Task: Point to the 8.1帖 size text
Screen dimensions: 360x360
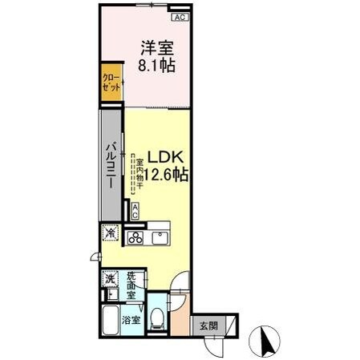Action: (155, 65)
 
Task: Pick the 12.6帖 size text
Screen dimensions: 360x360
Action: (167, 174)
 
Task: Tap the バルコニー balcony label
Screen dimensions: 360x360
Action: (111, 164)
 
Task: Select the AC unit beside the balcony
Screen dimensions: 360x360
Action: (135, 210)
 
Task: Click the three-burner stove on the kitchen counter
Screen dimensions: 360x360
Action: (136, 237)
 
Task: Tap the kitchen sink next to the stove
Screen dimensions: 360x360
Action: (158, 237)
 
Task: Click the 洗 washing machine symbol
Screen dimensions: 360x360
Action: (109, 280)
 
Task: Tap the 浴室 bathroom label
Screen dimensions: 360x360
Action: (130, 320)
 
